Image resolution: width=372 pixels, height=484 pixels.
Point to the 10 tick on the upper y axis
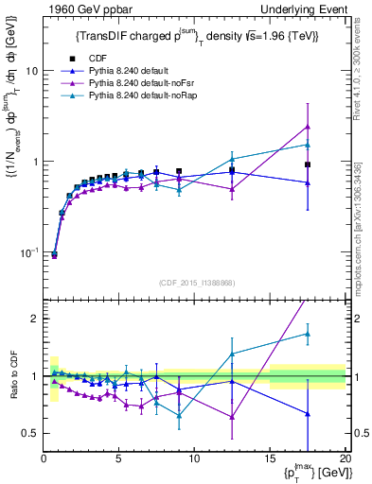(31, 71)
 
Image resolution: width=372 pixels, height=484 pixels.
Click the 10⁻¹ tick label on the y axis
(27, 252)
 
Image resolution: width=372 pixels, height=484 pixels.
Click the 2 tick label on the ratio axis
(34, 319)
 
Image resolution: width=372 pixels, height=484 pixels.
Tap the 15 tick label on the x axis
(270, 458)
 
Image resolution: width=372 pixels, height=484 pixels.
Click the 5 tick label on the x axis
(118, 458)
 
